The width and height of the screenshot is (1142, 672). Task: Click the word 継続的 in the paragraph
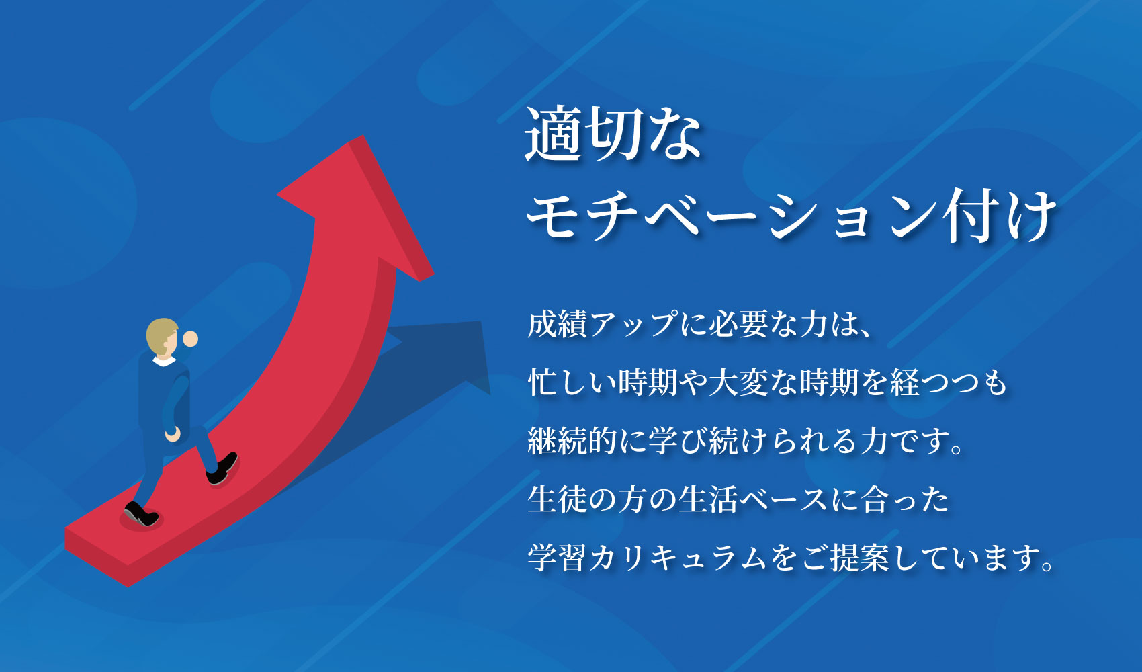573,441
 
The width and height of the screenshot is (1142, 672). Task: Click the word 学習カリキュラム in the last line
648,558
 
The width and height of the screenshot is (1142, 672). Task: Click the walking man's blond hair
160,334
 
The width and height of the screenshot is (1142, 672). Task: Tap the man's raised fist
190,339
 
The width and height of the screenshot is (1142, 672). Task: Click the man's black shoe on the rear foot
140,513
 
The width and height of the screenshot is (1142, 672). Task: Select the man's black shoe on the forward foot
222,468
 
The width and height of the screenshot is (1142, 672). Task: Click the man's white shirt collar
164,362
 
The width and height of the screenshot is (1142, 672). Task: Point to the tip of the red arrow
363,136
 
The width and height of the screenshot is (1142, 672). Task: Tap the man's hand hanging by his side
173,434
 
